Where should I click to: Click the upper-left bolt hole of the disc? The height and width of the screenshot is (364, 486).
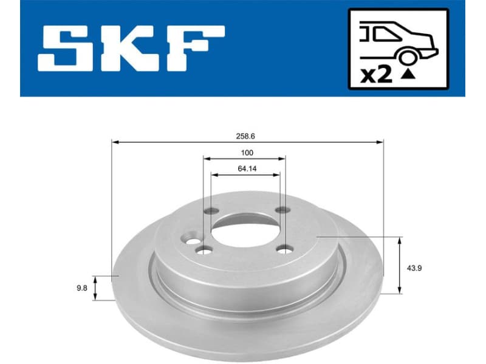[x=211, y=212]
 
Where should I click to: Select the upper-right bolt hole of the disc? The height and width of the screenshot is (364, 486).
[x=281, y=211]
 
